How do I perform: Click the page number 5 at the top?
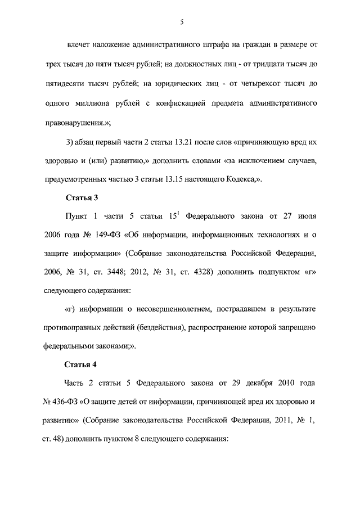point(181,22)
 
